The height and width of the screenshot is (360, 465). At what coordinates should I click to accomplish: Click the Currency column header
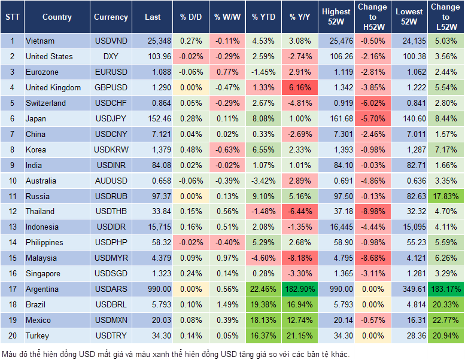[111, 17]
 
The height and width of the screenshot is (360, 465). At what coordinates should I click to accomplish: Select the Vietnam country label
[40, 41]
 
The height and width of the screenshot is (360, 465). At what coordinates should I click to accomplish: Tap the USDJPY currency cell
[111, 118]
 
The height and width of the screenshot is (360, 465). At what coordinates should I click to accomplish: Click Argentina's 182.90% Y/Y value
[300, 289]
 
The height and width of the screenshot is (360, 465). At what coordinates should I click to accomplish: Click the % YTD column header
[263, 17]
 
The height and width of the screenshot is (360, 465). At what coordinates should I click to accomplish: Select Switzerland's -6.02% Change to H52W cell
[373, 103]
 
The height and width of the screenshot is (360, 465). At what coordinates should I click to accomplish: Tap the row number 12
[12, 211]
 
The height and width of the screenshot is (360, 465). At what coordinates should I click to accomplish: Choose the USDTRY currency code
[111, 335]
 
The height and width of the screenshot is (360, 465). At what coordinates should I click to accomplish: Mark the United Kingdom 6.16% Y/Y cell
[300, 87]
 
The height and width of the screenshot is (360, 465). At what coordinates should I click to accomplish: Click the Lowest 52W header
[409, 17]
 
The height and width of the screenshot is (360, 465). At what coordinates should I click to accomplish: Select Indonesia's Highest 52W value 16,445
[336, 227]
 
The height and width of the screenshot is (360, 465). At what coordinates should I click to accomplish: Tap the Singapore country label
[42, 273]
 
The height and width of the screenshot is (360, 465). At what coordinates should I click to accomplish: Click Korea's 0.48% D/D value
[190, 150]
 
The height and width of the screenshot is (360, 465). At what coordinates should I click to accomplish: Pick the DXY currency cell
[111, 56]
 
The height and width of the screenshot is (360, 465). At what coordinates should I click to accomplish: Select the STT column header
[12, 17]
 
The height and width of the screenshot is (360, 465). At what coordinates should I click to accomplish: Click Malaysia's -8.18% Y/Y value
[300, 258]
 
